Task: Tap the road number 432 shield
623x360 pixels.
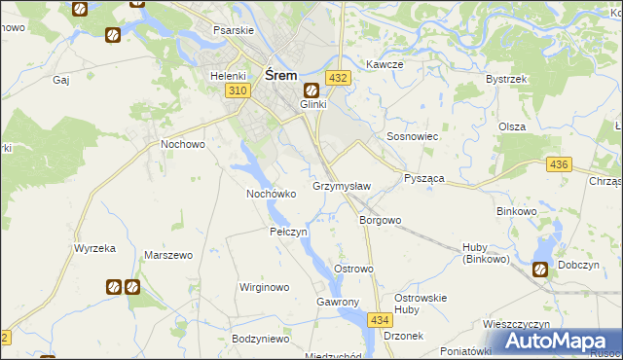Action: [338, 78]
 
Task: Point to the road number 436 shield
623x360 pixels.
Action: [558, 165]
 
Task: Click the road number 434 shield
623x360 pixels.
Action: [380, 319]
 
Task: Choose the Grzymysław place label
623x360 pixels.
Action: [341, 185]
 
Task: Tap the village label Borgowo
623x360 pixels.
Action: [380, 220]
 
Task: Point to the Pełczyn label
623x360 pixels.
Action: [288, 232]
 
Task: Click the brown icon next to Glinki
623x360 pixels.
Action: [311, 90]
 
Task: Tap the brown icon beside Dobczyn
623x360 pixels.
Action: [539, 270]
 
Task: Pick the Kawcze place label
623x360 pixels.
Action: [385, 64]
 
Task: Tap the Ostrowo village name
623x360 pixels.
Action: [353, 268]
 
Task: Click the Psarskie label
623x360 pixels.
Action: [233, 29]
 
